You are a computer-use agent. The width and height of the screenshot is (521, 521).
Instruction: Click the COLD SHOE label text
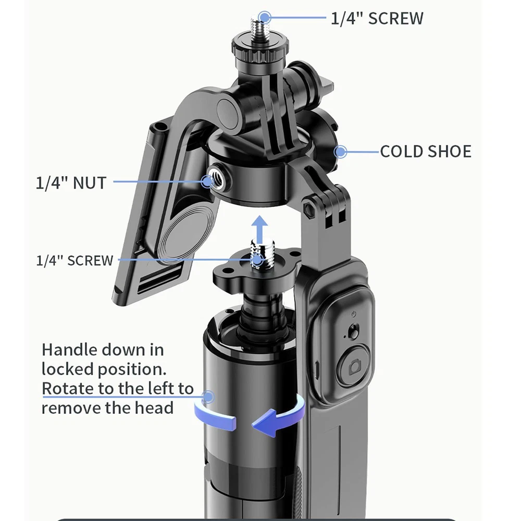click(x=426, y=152)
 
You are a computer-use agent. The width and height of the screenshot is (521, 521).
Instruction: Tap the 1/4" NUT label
click(x=71, y=183)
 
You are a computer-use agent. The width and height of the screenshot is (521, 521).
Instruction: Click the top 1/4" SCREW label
click(x=377, y=18)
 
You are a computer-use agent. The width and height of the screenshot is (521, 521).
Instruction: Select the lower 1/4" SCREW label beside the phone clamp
click(x=75, y=260)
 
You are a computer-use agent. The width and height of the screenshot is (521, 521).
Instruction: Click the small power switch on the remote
click(x=353, y=331)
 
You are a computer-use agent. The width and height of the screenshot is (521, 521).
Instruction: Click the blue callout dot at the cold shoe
click(x=340, y=152)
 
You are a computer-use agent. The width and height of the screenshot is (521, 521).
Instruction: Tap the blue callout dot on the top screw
click(x=265, y=17)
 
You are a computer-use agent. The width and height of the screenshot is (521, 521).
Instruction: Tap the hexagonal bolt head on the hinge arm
click(x=309, y=208)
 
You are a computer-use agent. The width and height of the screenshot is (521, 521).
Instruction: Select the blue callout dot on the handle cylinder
click(x=208, y=396)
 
